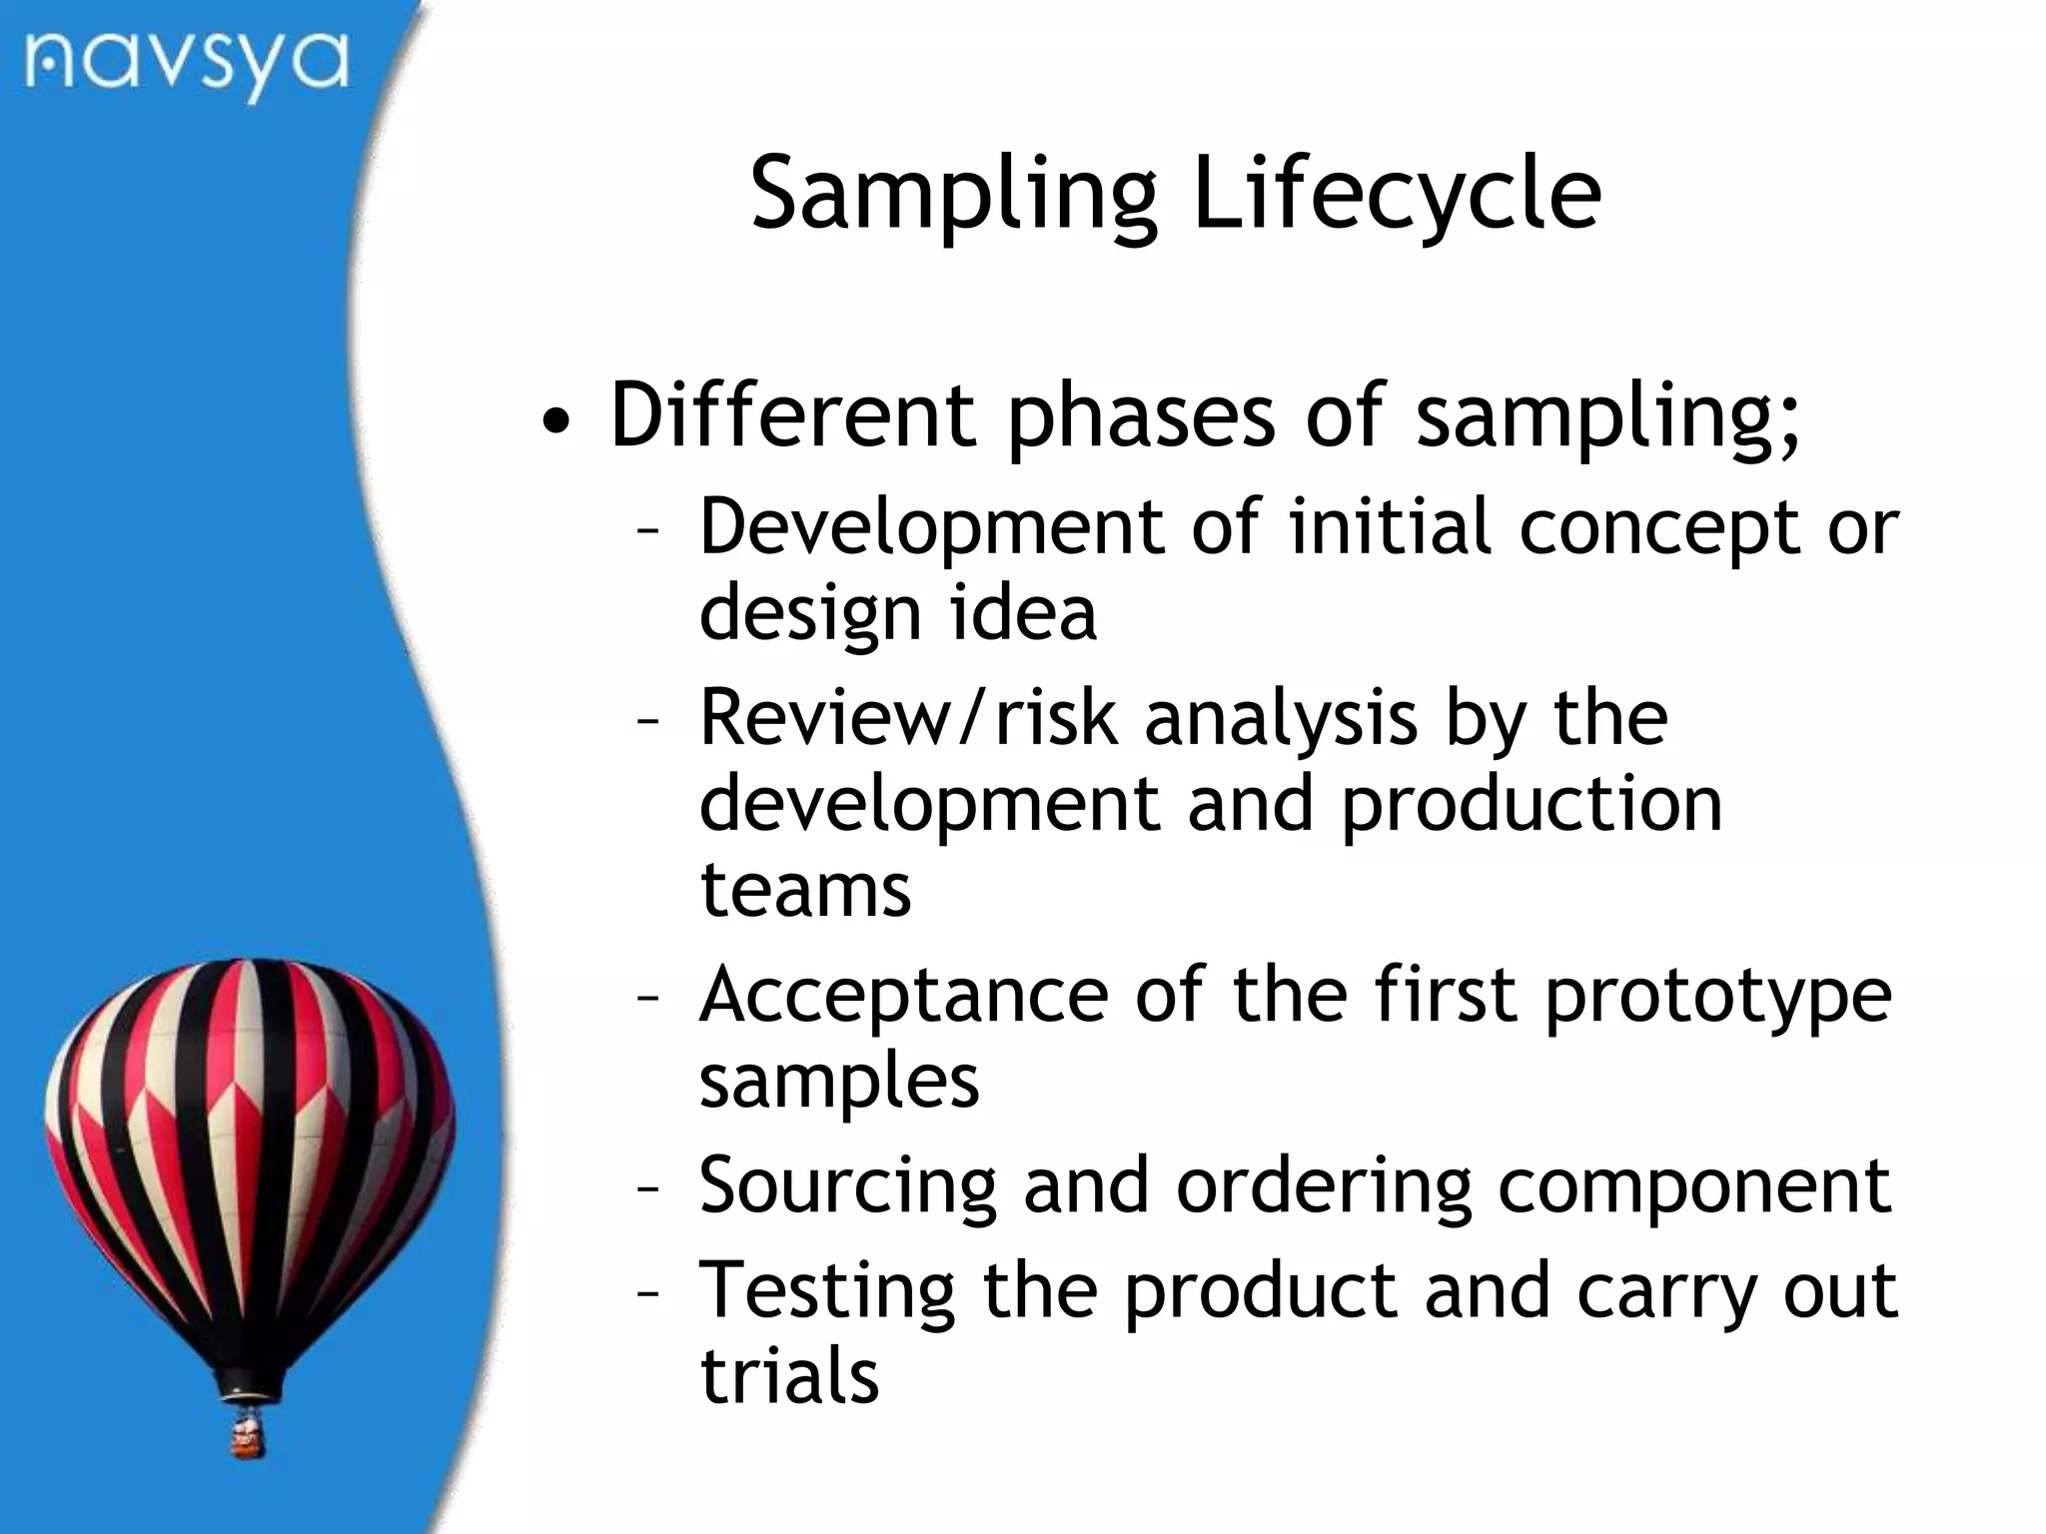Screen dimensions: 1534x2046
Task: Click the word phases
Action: (1140, 417)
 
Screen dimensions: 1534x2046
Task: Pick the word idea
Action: (1022, 612)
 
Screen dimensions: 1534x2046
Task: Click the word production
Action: (1531, 805)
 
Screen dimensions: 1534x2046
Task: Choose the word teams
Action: (805, 890)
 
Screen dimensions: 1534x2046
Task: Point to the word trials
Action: (789, 1376)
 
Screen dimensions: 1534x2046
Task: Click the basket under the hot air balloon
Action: (247, 1435)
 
